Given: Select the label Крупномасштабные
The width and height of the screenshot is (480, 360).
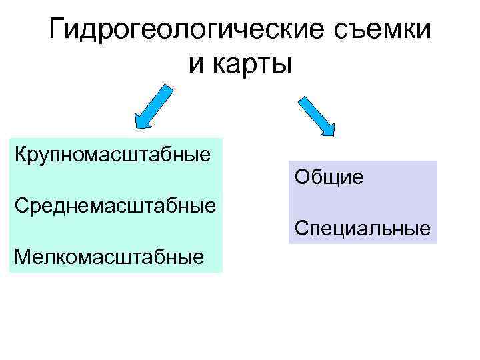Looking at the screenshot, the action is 113,155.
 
